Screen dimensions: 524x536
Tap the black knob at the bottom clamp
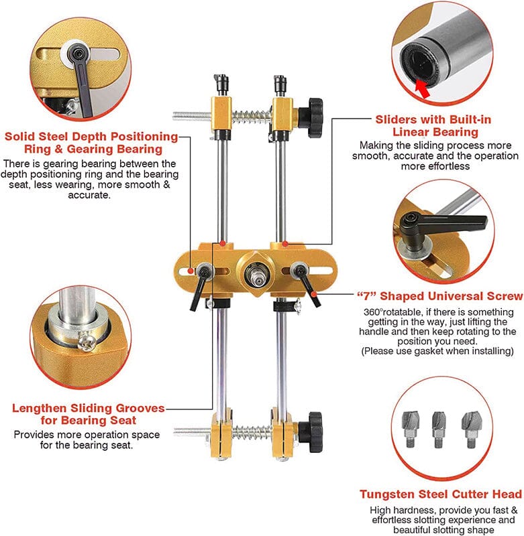pos(311,432)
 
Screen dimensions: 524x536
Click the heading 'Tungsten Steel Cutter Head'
pos(441,494)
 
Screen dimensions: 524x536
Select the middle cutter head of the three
pos(439,429)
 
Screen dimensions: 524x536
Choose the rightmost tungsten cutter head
pos(470,429)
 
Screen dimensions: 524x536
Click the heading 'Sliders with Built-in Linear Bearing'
pos(433,126)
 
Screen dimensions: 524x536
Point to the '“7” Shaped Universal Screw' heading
pos(440,296)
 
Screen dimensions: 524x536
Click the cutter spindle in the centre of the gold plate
pos(256,273)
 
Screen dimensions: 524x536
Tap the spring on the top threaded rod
pos(252,117)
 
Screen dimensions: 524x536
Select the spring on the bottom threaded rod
pos(252,432)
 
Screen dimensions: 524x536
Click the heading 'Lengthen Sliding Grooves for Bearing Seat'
pos(89,414)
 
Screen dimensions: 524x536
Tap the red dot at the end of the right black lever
pos(314,294)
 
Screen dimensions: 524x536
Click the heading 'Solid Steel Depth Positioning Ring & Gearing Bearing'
pos(92,143)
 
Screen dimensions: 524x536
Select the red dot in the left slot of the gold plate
pos(191,271)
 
